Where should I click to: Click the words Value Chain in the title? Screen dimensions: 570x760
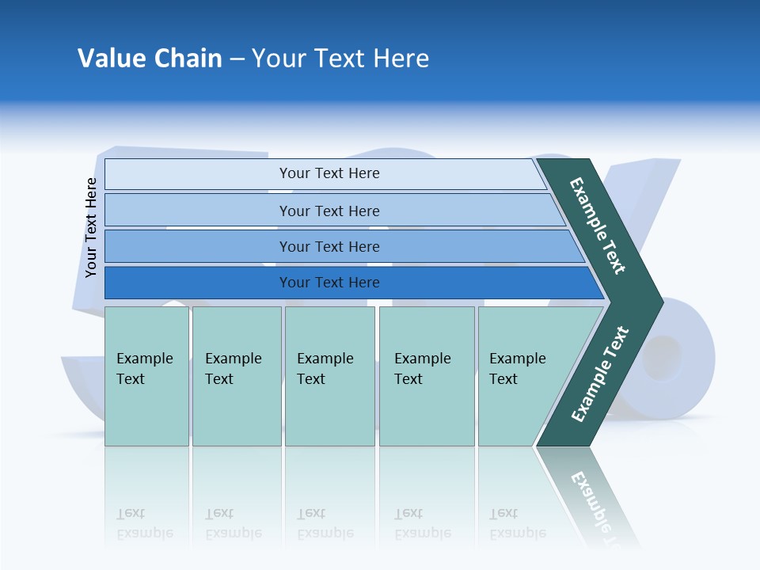click(x=150, y=59)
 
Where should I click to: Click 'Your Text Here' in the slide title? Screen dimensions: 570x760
click(x=340, y=59)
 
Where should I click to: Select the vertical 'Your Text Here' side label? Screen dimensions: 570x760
click(x=91, y=228)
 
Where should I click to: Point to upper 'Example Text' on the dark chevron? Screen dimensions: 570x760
click(x=598, y=226)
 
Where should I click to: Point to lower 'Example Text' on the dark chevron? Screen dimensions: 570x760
click(x=599, y=374)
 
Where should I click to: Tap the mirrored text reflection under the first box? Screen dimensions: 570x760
click(x=144, y=523)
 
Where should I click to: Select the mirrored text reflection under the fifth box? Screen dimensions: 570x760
click(x=517, y=523)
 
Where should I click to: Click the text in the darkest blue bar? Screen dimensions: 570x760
click(x=329, y=283)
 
